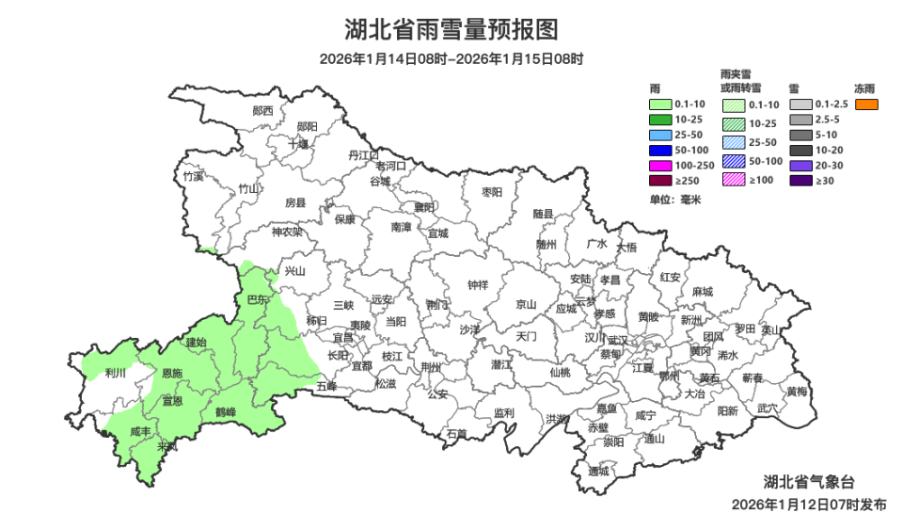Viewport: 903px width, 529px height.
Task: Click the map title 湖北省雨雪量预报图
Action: pyautogui.click(x=451, y=30)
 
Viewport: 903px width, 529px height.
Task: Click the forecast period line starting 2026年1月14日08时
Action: pyautogui.click(x=451, y=59)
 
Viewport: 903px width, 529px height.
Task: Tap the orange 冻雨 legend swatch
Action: pyautogui.click(x=866, y=104)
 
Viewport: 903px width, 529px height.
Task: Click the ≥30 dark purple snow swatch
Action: pyautogui.click(x=800, y=180)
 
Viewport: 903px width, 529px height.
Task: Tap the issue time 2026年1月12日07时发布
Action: pyautogui.click(x=809, y=505)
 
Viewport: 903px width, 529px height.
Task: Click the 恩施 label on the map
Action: pyautogui.click(x=172, y=374)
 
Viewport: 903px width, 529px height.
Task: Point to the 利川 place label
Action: pyautogui.click(x=116, y=373)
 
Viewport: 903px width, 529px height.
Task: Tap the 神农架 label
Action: pyautogui.click(x=287, y=232)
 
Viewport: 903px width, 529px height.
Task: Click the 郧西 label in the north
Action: pyautogui.click(x=263, y=110)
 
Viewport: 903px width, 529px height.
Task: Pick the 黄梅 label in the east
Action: pyautogui.click(x=797, y=391)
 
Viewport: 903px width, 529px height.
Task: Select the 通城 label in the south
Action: pyautogui.click(x=598, y=471)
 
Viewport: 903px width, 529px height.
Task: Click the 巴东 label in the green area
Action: pyautogui.click(x=256, y=299)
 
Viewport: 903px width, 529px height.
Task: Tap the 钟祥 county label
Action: pyautogui.click(x=478, y=285)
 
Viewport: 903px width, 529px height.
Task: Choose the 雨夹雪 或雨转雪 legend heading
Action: pyautogui.click(x=740, y=80)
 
